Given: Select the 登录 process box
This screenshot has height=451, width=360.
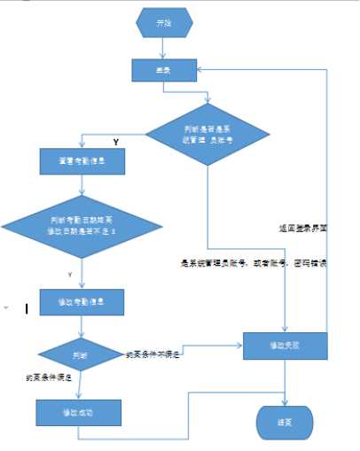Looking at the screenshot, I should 163,70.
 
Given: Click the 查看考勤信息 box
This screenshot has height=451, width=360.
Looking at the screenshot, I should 82,161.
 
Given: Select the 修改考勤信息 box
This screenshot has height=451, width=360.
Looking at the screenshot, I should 82,302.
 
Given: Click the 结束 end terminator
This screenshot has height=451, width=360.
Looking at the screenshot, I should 286,423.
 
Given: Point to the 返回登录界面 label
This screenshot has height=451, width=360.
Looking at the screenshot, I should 302,228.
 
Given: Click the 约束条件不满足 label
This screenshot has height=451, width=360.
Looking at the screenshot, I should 154,354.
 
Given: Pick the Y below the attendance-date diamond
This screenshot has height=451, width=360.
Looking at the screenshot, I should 69,274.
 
